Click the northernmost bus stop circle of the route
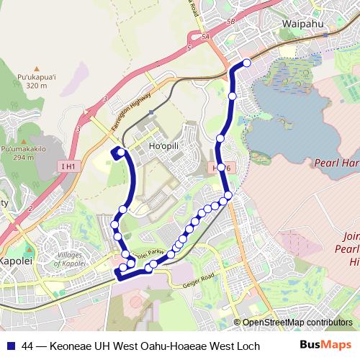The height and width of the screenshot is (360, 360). pyautogui.click(x=247, y=63)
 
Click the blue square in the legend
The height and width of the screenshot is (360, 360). pyautogui.click(x=10, y=346)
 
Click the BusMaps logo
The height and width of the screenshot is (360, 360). pyautogui.click(x=325, y=346)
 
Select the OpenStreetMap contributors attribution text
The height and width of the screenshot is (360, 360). pyautogui.click(x=297, y=323)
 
